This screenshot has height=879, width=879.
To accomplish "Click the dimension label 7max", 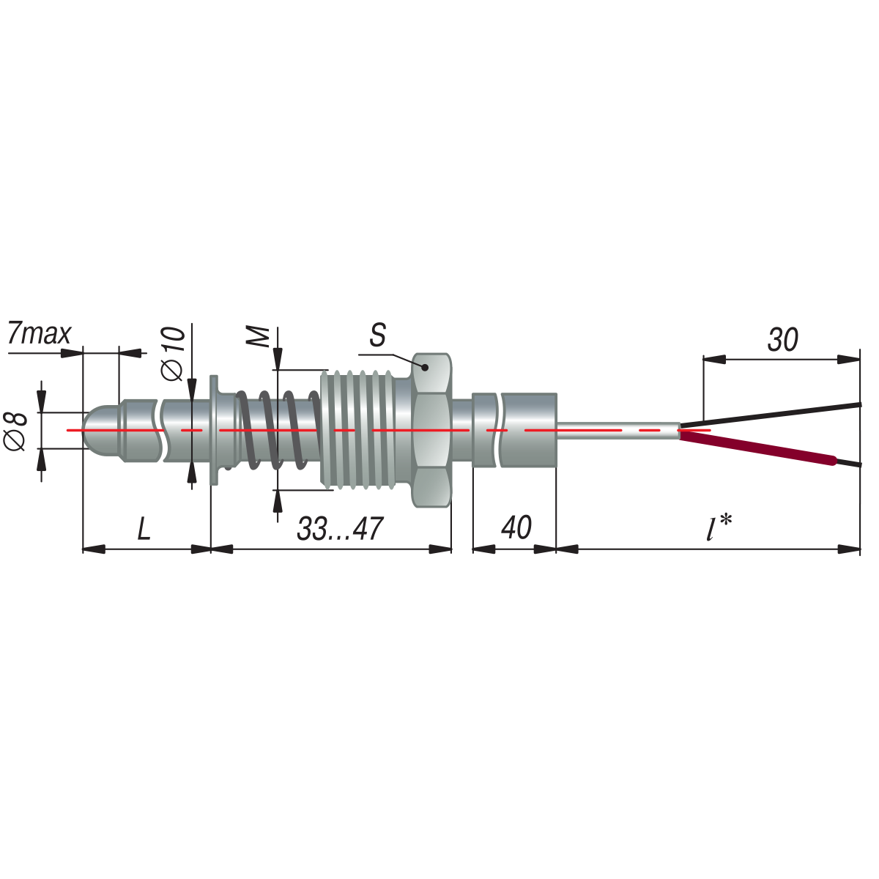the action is [x=40, y=334].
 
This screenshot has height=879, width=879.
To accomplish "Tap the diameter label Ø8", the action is [x=15, y=431].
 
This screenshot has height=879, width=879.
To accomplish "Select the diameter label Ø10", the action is [x=174, y=354].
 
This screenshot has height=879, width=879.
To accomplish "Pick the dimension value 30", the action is [x=783, y=340].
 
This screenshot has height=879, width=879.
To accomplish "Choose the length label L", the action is [x=144, y=529].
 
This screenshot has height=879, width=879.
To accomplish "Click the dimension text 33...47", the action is [x=340, y=529].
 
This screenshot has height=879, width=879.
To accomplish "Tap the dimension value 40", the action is [x=516, y=527].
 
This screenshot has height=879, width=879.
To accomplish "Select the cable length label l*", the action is [x=719, y=527].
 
